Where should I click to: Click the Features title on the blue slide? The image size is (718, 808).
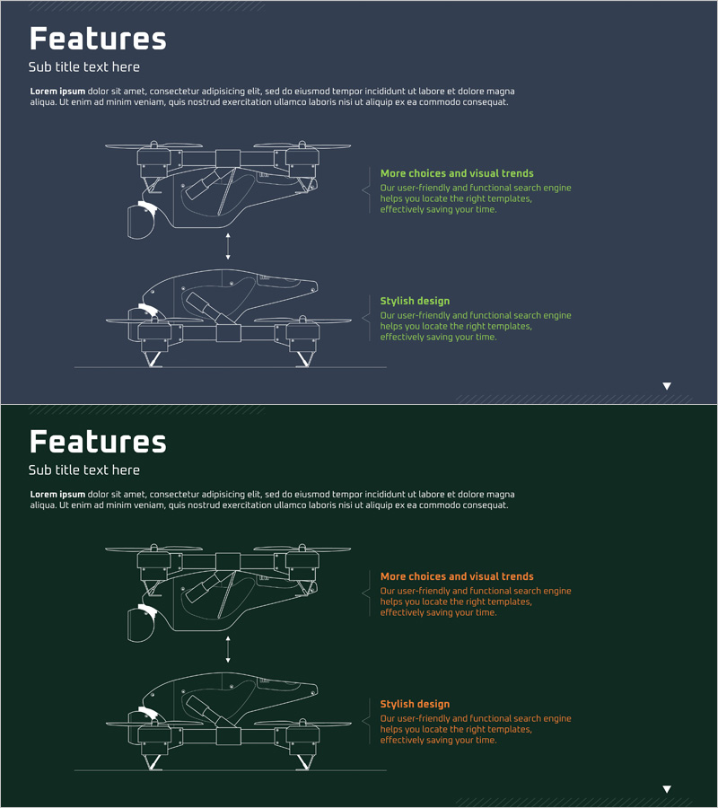point(98,39)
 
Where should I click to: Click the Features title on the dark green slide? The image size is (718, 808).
point(98,442)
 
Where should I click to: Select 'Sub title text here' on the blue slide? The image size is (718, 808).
point(84,67)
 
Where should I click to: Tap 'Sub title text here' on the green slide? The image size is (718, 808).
point(84,470)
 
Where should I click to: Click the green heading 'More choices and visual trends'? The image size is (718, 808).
point(457,173)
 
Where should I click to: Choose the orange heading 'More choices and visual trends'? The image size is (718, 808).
point(457,576)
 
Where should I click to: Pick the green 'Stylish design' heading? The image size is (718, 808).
point(415,301)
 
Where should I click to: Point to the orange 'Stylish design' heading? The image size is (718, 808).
point(415,704)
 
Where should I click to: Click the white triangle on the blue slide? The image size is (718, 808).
point(667,386)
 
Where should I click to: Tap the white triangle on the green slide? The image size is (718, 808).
point(667,789)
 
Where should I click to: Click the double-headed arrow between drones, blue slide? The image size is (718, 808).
point(228,246)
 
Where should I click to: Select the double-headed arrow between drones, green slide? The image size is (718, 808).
point(228,649)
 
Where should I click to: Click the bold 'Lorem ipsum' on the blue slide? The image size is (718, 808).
point(57,92)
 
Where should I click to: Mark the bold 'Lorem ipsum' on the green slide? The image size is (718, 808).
point(57,495)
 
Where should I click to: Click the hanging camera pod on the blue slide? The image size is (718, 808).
point(141,221)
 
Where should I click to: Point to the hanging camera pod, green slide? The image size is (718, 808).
point(141,624)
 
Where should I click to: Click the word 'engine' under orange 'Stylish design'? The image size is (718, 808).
point(556,719)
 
